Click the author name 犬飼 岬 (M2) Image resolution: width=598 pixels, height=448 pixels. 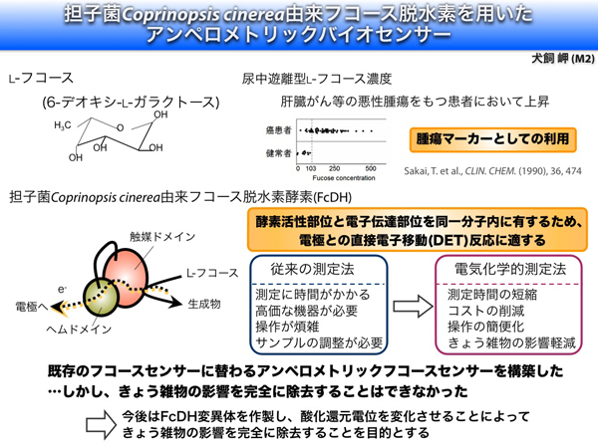tap(563, 59)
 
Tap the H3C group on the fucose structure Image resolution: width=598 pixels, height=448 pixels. tap(63, 125)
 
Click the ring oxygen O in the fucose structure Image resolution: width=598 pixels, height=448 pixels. tap(121, 128)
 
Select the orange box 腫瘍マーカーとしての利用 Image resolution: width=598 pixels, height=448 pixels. tap(492, 139)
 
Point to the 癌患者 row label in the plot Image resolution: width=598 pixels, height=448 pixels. tap(278, 130)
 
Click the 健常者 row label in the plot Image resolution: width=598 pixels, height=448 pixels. tap(278, 153)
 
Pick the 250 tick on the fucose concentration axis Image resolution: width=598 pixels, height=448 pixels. tap(335, 168)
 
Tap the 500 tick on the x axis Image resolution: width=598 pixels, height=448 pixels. tap(371, 168)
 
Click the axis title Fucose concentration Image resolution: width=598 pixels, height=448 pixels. tap(344, 178)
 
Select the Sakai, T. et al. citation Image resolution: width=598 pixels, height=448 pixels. tap(492, 171)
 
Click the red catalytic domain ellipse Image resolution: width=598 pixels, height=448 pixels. tap(127, 277)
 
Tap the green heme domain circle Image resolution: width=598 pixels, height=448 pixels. tap(101, 297)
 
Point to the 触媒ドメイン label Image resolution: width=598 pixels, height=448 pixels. tap(162, 237)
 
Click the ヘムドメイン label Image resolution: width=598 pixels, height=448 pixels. tap(79, 329)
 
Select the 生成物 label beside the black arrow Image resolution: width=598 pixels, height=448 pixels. tap(204, 304)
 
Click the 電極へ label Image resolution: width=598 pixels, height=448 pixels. tap(32, 307)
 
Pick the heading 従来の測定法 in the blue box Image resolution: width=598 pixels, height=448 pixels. tap(312, 270)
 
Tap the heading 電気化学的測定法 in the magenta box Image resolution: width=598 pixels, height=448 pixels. tap(510, 269)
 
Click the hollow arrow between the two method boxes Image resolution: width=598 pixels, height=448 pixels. tap(413, 306)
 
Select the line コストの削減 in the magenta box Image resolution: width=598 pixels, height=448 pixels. tap(486, 311)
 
